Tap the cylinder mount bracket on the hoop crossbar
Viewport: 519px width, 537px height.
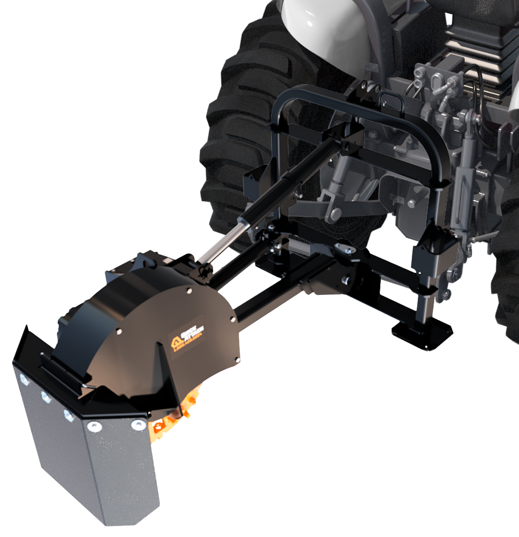[x=348, y=139]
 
